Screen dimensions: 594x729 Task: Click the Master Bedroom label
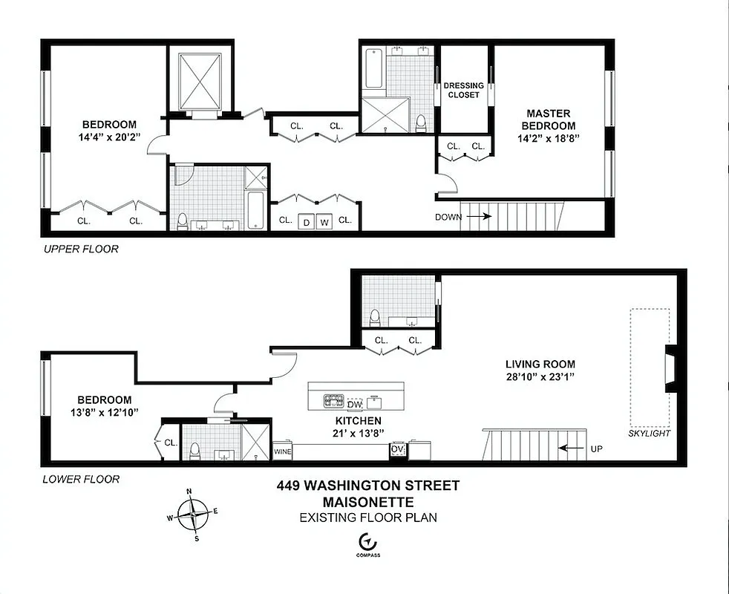pyautogui.click(x=549, y=120)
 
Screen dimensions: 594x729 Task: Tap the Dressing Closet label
pyautogui.click(x=463, y=90)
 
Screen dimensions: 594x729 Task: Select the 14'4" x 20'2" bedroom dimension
pyautogui.click(x=109, y=137)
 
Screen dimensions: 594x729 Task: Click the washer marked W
pyautogui.click(x=324, y=221)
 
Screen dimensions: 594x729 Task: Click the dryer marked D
pyautogui.click(x=305, y=221)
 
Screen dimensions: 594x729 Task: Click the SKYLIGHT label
pyautogui.click(x=649, y=433)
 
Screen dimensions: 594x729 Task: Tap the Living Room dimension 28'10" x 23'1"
pyautogui.click(x=540, y=377)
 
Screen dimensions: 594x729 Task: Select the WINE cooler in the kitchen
pyautogui.click(x=283, y=451)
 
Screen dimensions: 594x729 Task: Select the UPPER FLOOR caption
pyautogui.click(x=79, y=249)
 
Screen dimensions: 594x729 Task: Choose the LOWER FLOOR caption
pyautogui.click(x=80, y=479)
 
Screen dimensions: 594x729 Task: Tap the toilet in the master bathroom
pyautogui.click(x=421, y=122)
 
